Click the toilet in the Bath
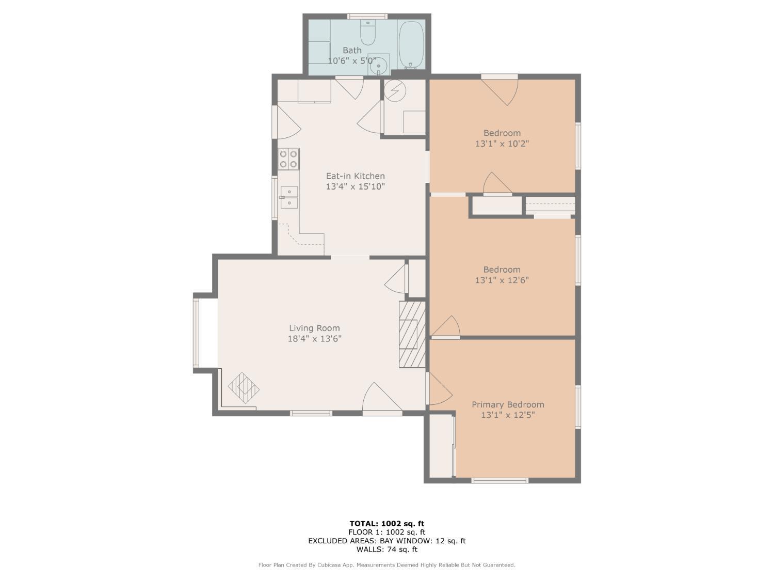[x=368, y=32]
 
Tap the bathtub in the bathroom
[x=411, y=45]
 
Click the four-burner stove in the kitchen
[x=288, y=159]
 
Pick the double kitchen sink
[x=289, y=198]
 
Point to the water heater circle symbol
[x=395, y=91]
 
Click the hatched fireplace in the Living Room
[x=412, y=335]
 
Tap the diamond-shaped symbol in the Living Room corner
[x=244, y=388]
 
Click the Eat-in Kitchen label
[x=355, y=176]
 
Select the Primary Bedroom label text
[x=508, y=404]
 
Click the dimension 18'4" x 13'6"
[x=315, y=339]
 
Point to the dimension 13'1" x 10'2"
[x=502, y=144]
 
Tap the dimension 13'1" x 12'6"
[x=502, y=280]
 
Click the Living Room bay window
[x=196, y=333]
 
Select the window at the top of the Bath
[x=367, y=16]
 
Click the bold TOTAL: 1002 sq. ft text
[x=387, y=524]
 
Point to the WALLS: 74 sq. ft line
[x=387, y=549]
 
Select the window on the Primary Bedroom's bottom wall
[x=499, y=480]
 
